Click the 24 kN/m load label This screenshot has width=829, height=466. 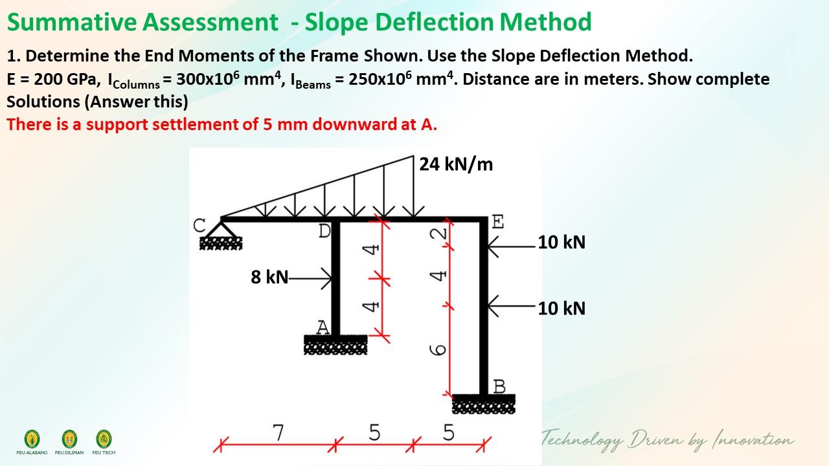coord(456,164)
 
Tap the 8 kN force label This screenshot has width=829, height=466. coord(269,277)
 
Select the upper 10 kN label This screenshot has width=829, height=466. coord(562,242)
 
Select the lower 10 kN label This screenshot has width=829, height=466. coord(562,308)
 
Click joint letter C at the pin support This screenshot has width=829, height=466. coord(200,226)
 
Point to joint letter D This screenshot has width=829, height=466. coord(324,230)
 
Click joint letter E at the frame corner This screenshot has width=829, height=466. coord(497,222)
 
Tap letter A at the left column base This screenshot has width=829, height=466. coord(323,327)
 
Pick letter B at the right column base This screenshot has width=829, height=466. coord(499,386)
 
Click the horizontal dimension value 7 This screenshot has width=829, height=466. coord(278,432)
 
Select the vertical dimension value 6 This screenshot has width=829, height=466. coord(438,349)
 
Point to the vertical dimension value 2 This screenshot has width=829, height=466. coord(438,234)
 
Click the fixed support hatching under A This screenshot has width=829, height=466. coord(335,346)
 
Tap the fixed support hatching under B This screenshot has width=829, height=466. coord(484,404)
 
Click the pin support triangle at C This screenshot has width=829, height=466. coord(221,228)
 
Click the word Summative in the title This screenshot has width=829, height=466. coord(72,22)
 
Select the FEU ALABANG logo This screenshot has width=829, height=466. coord(32,438)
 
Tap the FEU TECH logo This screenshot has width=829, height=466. coord(104,438)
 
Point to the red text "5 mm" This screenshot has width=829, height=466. coord(284,124)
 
